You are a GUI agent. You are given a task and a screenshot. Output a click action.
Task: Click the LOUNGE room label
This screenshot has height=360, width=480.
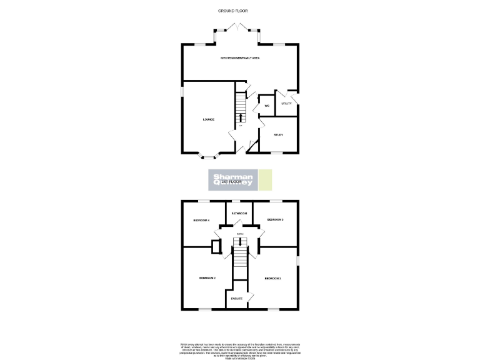(208, 119)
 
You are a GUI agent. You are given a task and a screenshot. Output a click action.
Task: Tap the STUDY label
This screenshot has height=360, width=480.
(279, 134)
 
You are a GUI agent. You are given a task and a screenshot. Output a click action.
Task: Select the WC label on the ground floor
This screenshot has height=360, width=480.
(266, 106)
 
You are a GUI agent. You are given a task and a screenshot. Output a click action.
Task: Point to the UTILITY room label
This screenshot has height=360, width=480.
(286, 104)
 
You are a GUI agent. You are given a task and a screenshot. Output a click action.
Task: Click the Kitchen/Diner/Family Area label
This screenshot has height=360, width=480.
(239, 57)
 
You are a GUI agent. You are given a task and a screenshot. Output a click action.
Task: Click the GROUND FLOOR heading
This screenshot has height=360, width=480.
(239, 11)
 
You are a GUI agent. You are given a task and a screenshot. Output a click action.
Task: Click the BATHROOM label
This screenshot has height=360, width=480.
(239, 214)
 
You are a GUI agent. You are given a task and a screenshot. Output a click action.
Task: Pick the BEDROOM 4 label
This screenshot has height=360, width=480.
(201, 220)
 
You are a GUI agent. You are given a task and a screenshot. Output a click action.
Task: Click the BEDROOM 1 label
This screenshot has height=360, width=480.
(272, 277)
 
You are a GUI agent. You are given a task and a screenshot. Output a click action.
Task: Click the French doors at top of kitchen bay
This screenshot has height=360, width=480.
(239, 27)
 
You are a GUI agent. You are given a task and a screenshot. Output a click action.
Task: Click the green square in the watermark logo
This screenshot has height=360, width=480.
(266, 180)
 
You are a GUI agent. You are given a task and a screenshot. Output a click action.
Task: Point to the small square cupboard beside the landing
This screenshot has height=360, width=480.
(216, 246)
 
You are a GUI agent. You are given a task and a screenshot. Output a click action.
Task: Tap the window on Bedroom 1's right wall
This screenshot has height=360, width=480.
(297, 260)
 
